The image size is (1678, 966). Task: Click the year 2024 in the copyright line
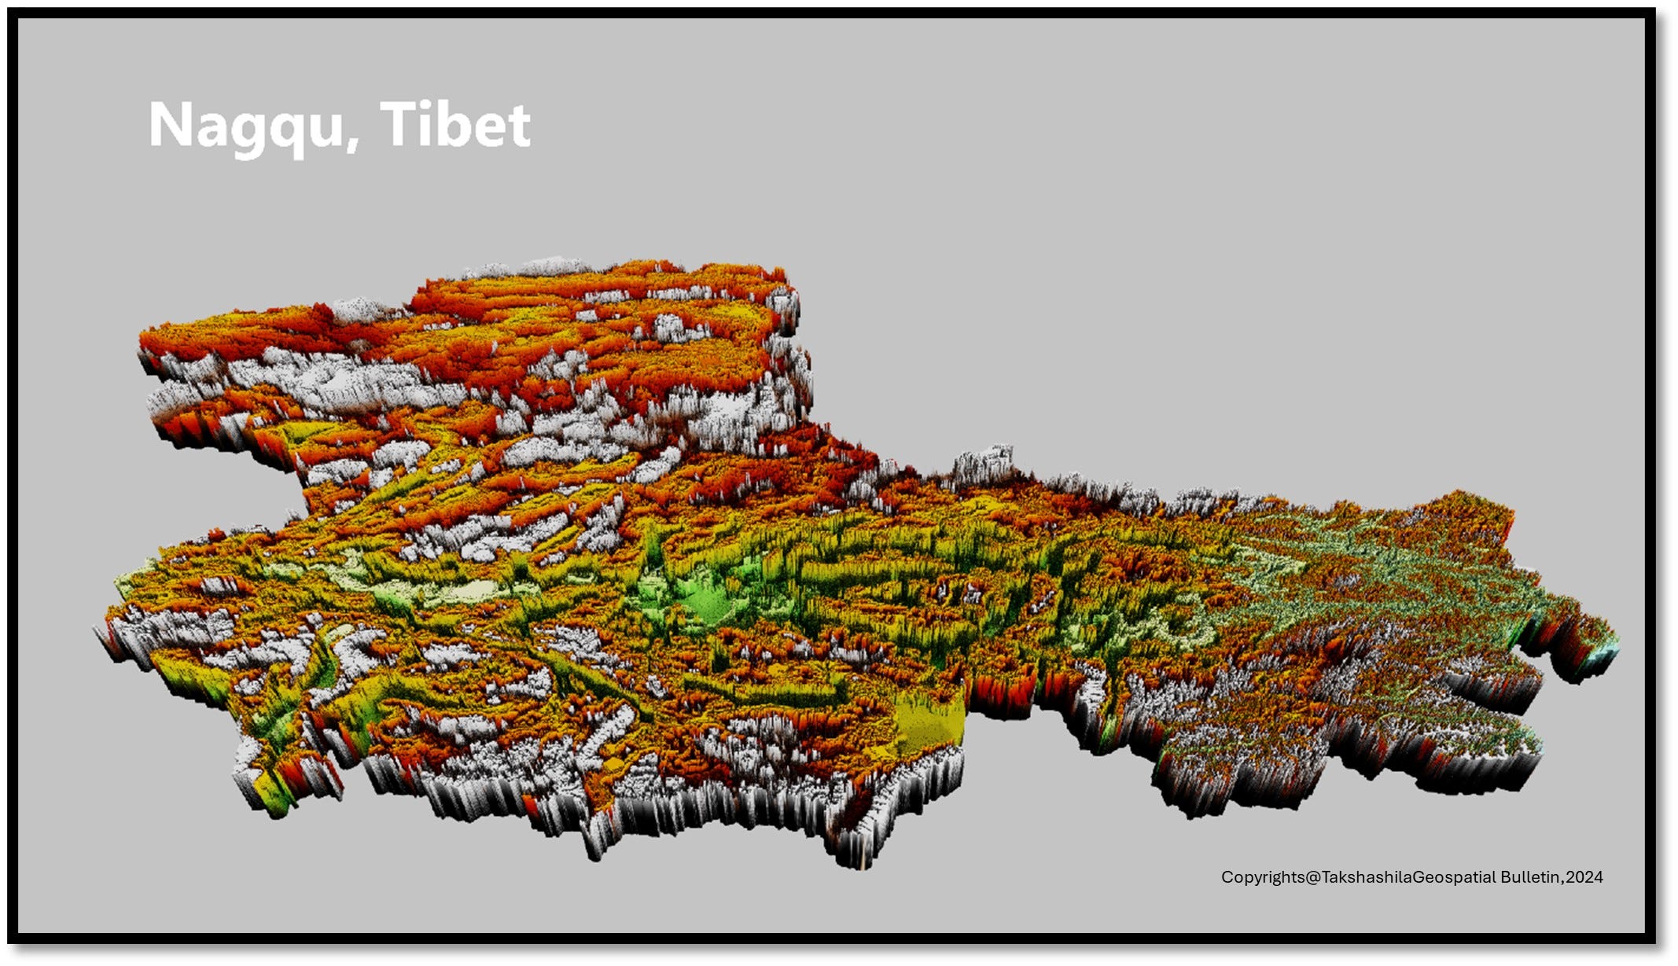(x=1584, y=877)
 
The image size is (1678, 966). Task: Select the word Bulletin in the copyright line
(x=1530, y=877)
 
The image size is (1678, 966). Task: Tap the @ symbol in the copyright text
(x=1313, y=877)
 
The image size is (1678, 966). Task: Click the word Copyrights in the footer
(x=1263, y=877)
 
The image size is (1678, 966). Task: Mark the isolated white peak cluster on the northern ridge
(x=983, y=464)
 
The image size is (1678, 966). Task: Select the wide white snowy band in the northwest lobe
(x=330, y=381)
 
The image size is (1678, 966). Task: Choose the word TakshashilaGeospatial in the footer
(x=1408, y=877)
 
